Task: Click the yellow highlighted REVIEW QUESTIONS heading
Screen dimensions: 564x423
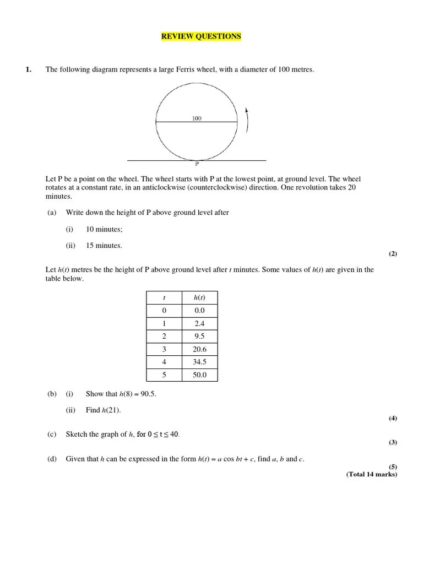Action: [x=200, y=36]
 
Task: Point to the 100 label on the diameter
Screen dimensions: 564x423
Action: [x=197, y=118]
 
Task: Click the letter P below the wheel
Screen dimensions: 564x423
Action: [x=197, y=164]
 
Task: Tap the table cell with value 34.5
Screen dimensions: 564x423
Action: [x=199, y=362]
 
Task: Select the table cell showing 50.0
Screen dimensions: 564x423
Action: [x=199, y=375]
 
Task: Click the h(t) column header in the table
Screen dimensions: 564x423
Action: [x=199, y=298]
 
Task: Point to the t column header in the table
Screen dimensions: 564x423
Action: [x=164, y=298]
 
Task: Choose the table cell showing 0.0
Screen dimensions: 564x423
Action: [x=199, y=311]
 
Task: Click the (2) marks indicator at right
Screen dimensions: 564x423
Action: [x=392, y=254]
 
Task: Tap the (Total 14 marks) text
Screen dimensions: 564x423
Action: [x=371, y=474]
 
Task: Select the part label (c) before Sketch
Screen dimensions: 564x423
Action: [x=52, y=435]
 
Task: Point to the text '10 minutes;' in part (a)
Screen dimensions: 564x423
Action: [x=104, y=229]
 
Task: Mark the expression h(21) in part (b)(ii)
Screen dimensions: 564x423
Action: [x=111, y=410]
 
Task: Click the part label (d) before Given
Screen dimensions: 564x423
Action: [x=52, y=459]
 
